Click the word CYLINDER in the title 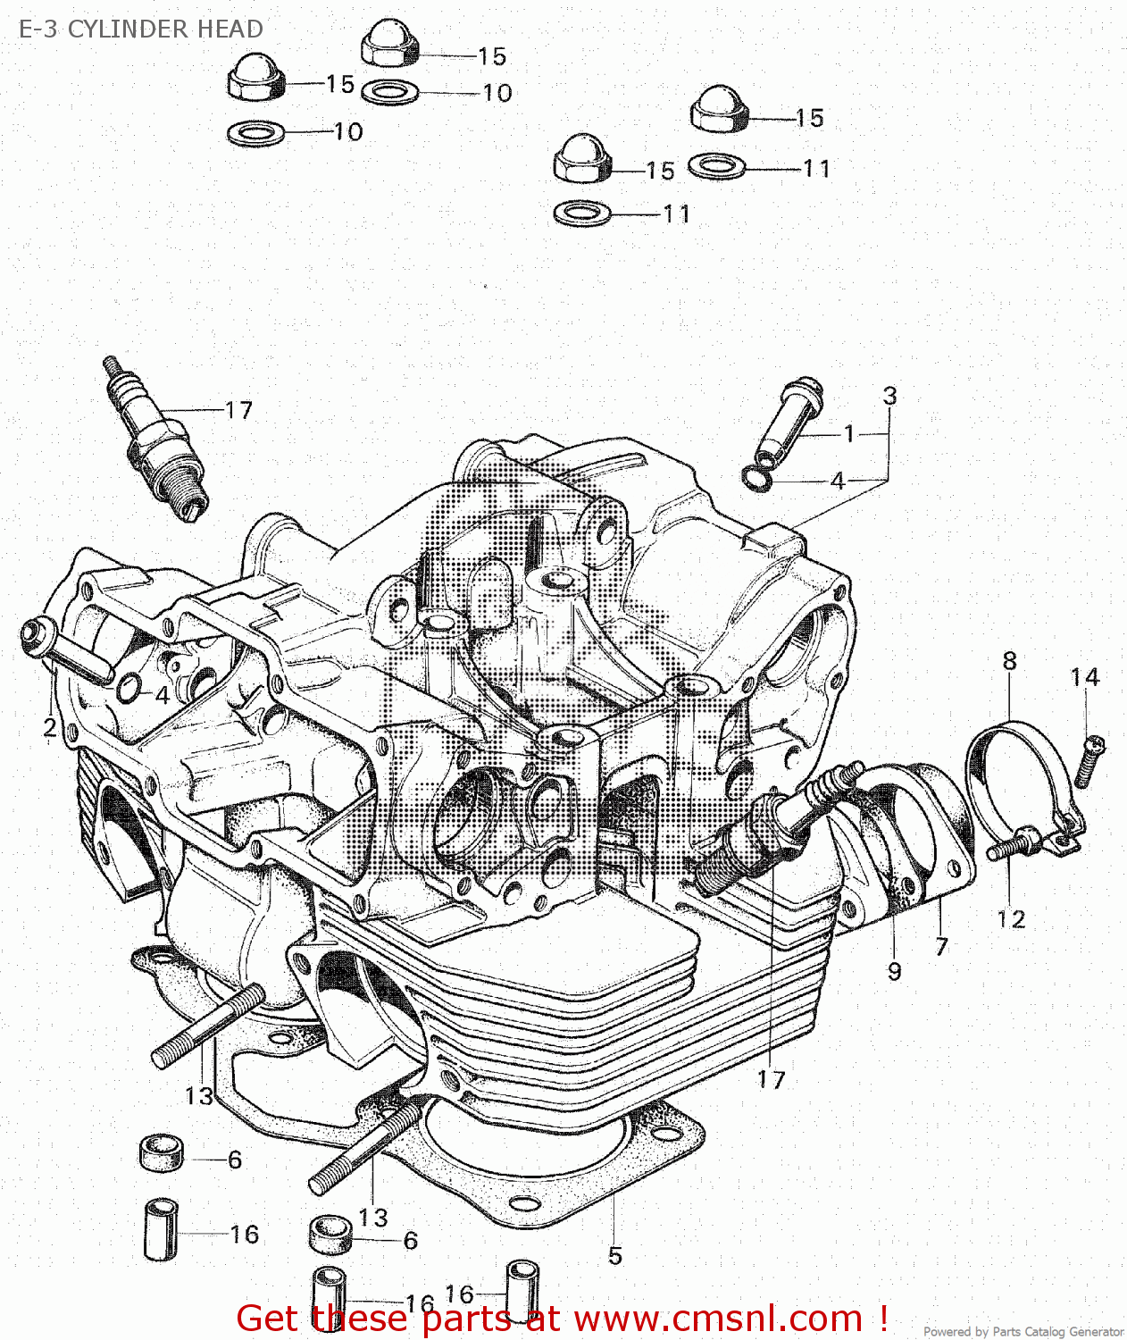(129, 29)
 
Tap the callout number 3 (889, 396)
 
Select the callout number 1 (849, 434)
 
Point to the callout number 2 (50, 728)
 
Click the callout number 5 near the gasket (614, 1255)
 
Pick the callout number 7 (941, 946)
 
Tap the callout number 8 (1009, 661)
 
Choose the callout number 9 (894, 971)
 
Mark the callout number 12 (1011, 919)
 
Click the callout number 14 (1085, 677)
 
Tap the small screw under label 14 (1089, 760)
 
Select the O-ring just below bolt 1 (756, 478)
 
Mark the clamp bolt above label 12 (1014, 844)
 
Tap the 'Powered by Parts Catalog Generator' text (1023, 1331)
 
